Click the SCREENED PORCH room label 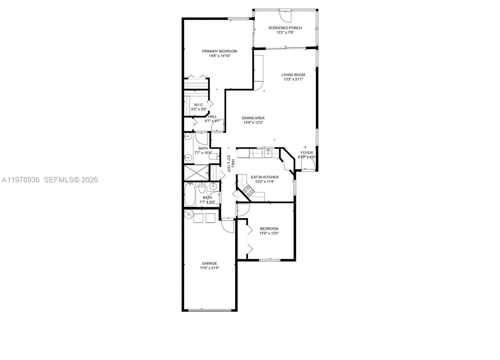pyautogui.click(x=285, y=28)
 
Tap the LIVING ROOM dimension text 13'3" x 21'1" pyautogui.click(x=293, y=79)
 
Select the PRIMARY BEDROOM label pyautogui.click(x=219, y=51)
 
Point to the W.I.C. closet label pyautogui.click(x=199, y=105)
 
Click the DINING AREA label pyautogui.click(x=253, y=118)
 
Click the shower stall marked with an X pyautogui.click(x=196, y=173)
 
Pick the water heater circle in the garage pyautogui.click(x=189, y=214)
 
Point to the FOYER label pyautogui.click(x=307, y=153)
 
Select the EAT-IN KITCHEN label pyautogui.click(x=265, y=177)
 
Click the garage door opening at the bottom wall pyautogui.click(x=210, y=310)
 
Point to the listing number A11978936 pyautogui.click(x=21, y=180)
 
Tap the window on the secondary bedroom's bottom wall pyautogui.click(x=269, y=260)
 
